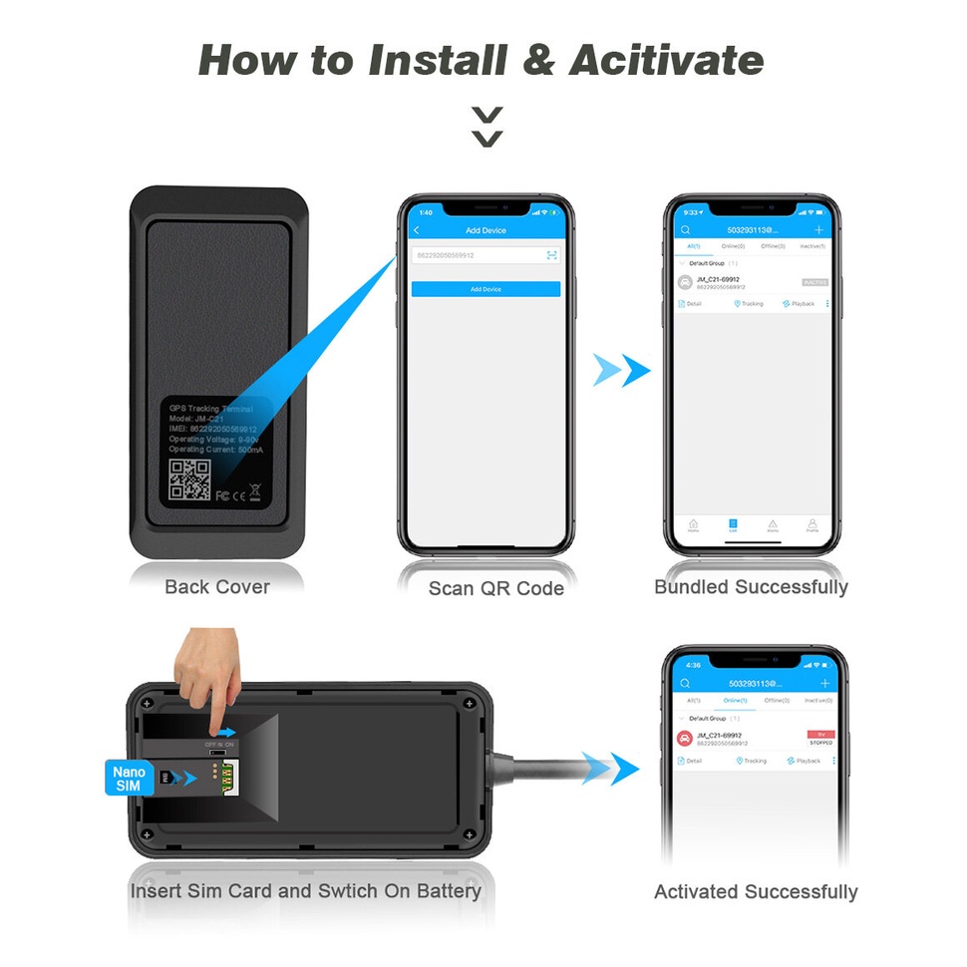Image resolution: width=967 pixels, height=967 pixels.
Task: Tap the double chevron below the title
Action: tap(486, 127)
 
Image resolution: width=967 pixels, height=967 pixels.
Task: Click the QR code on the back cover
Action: tap(189, 480)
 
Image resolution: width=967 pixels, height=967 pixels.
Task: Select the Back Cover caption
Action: tap(217, 587)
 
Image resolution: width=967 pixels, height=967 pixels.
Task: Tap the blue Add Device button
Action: tap(485, 289)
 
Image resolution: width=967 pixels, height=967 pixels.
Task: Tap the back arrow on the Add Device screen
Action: tap(417, 230)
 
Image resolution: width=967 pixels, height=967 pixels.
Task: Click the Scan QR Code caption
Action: tap(495, 588)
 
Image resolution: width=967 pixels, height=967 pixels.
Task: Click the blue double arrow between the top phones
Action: tap(621, 370)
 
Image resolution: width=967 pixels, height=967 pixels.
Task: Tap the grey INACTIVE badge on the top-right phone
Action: tap(814, 283)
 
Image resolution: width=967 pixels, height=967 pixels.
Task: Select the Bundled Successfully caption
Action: tap(751, 587)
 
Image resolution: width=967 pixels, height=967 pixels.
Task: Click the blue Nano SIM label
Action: tap(129, 779)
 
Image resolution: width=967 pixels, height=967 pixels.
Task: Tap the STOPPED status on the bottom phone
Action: tap(820, 743)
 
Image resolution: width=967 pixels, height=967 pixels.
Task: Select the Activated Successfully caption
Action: tap(756, 892)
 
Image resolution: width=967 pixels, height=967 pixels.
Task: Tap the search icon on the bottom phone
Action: tap(685, 684)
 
